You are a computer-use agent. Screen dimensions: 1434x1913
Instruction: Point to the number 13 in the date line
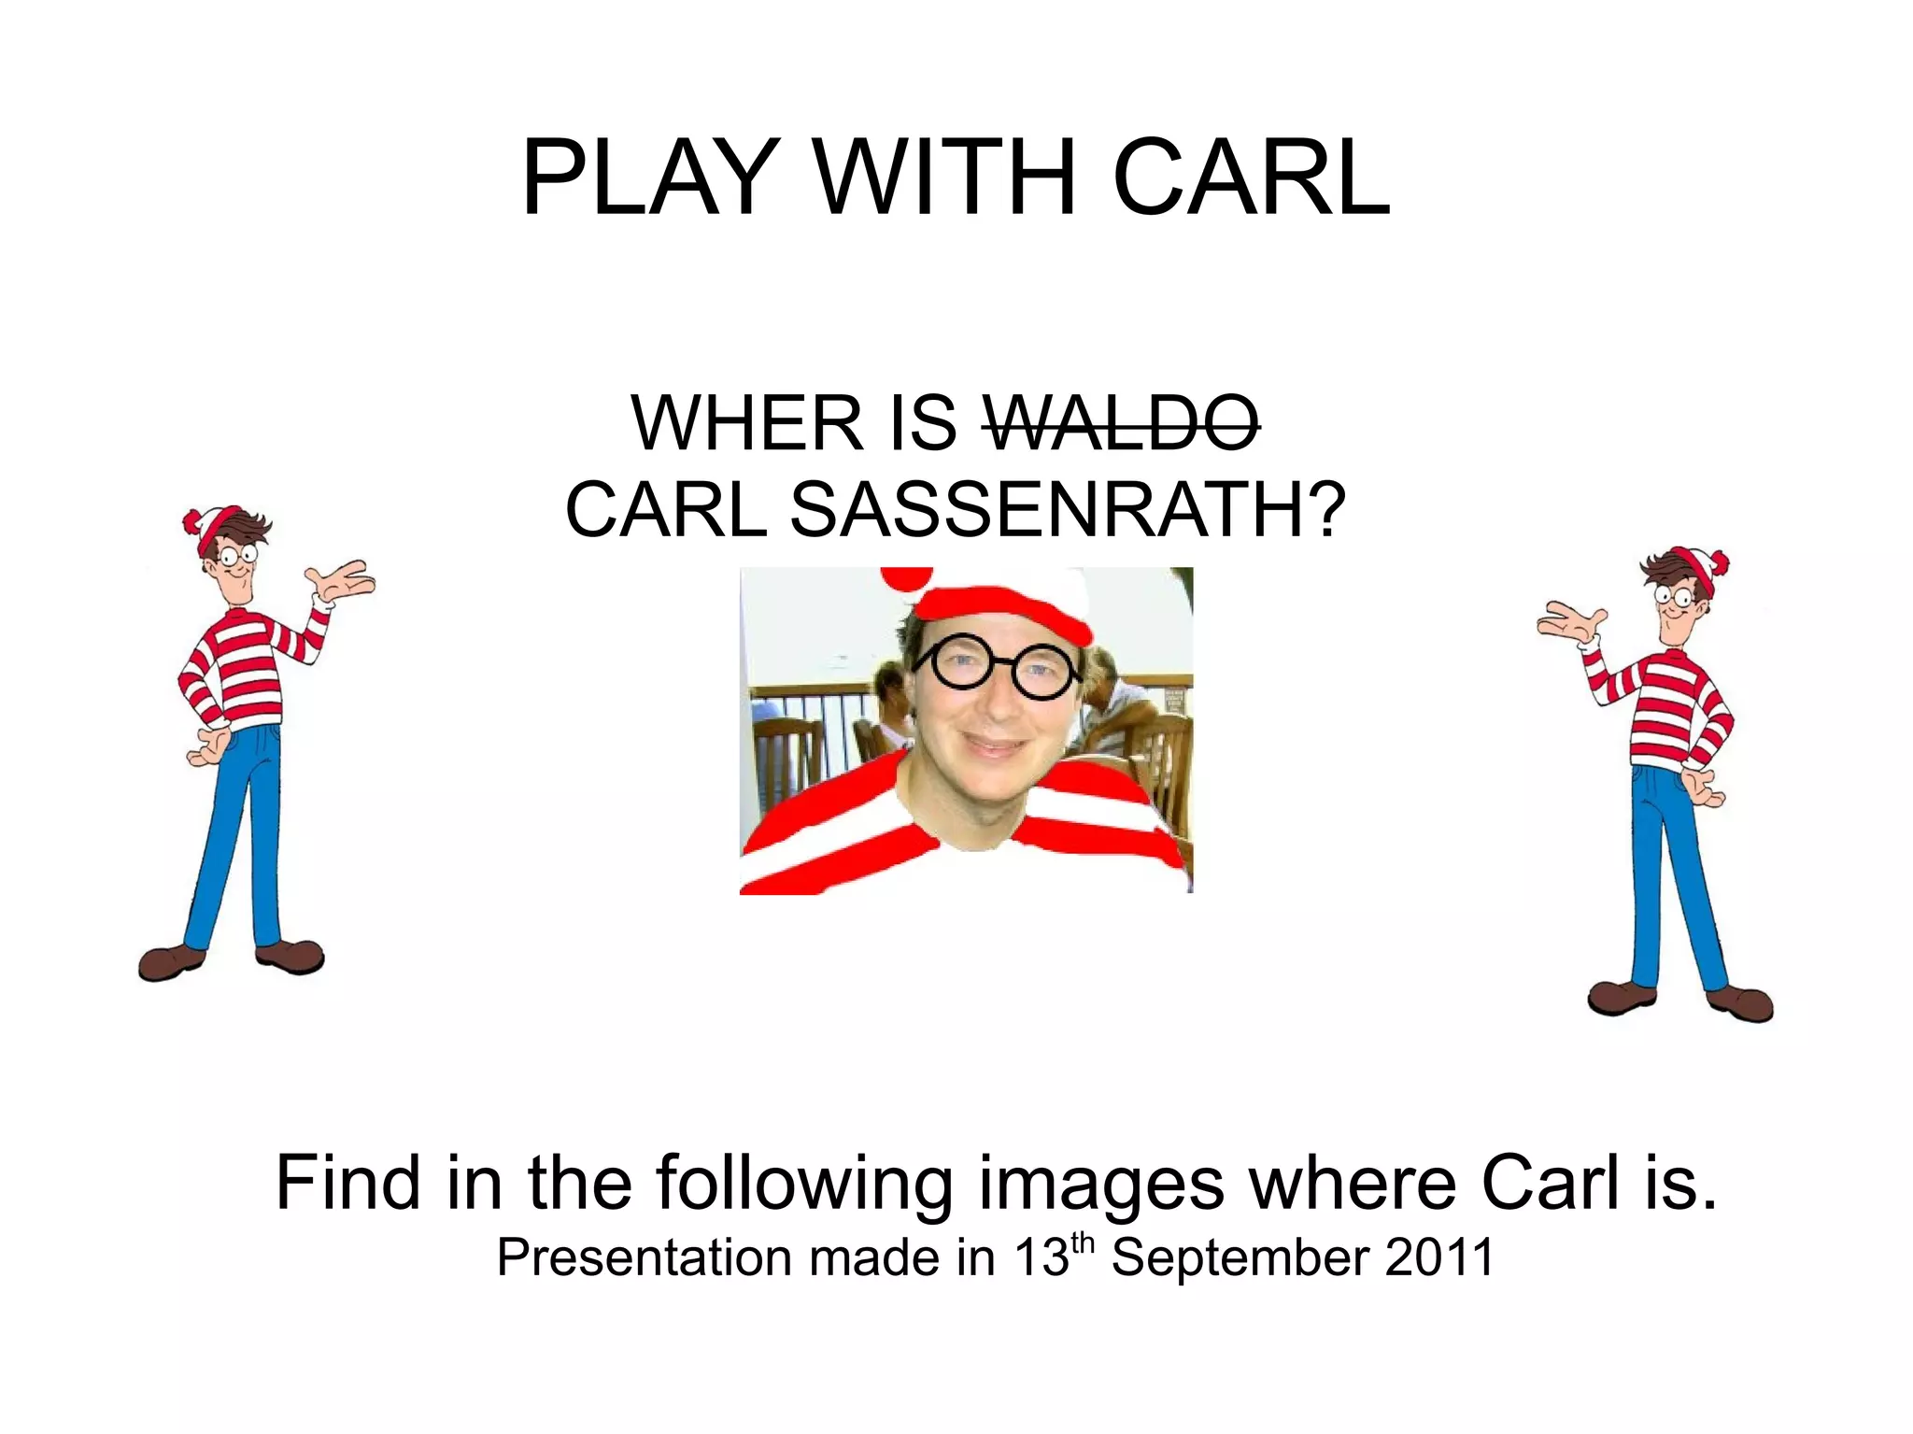point(1040,1257)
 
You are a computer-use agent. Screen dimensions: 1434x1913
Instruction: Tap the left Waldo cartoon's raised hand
point(346,581)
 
